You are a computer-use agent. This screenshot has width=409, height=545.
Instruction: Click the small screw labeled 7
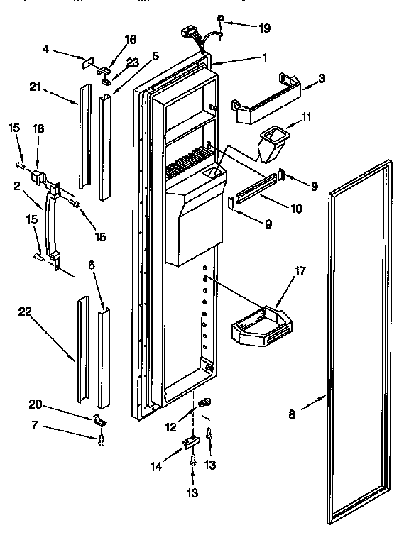coord(102,441)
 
